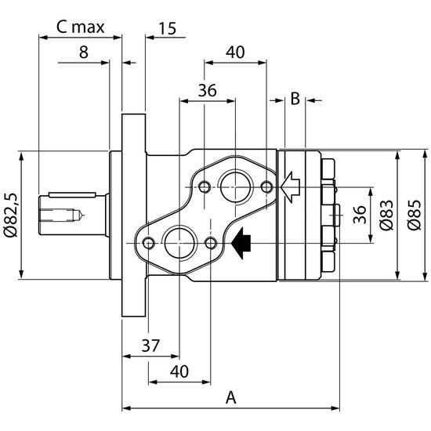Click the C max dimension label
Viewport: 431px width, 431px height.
80,27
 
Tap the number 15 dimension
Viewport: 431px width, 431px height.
168,28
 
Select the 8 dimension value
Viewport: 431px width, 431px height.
84,53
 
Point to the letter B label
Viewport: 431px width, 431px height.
295,99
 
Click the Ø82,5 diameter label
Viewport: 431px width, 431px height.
11,215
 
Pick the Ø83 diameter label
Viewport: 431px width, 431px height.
386,215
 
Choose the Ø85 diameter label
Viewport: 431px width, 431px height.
414,215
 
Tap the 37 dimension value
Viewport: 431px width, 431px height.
150,346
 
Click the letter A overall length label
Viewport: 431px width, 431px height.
230,397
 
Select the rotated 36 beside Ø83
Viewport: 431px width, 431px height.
360,215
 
